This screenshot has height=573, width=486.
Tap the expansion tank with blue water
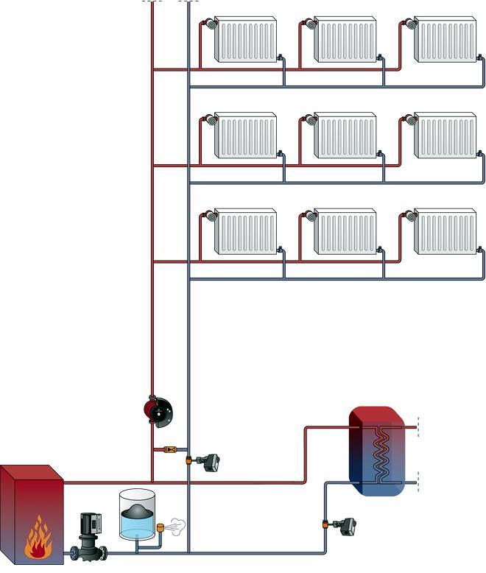pyautogui.click(x=137, y=515)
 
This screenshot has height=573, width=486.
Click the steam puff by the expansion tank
pyautogui.click(x=175, y=526)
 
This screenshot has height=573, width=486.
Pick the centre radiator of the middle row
pyautogui.click(x=345, y=136)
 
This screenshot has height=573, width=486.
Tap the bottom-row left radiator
pyautogui.click(x=245, y=231)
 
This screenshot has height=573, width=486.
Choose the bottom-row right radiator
pyautogui.click(x=445, y=231)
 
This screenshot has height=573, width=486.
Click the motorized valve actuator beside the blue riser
pyautogui.click(x=210, y=463)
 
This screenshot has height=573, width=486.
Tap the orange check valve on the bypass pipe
pyautogui.click(x=169, y=449)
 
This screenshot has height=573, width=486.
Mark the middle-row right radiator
pyautogui.click(x=445, y=136)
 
